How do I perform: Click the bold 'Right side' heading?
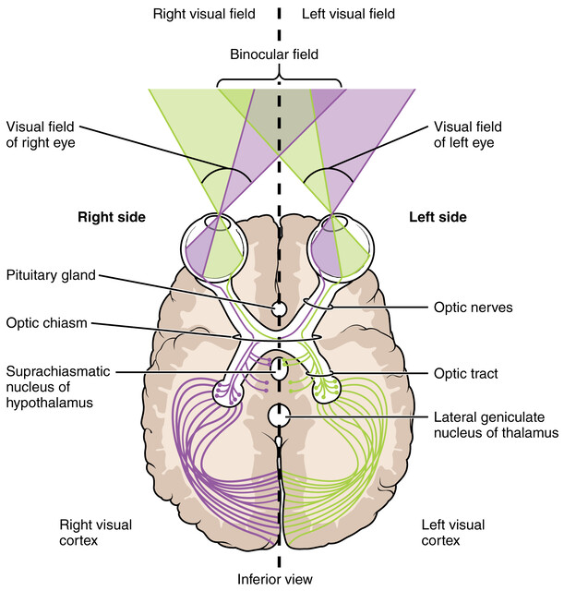(x=114, y=217)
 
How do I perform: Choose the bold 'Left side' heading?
(x=438, y=217)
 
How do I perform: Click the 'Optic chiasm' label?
(x=46, y=324)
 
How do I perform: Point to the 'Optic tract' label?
(x=466, y=373)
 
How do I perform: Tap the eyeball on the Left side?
(x=341, y=245)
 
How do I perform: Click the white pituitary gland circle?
(x=279, y=308)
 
